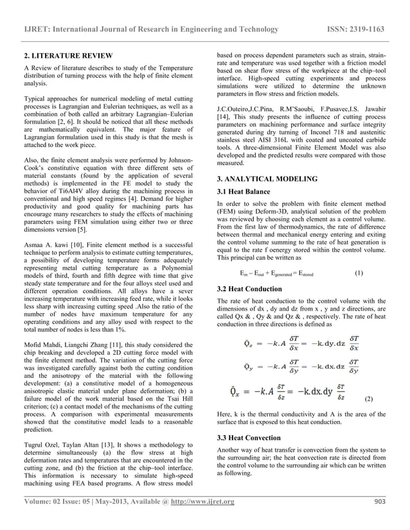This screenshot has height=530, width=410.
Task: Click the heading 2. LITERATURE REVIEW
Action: click(x=67, y=56)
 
